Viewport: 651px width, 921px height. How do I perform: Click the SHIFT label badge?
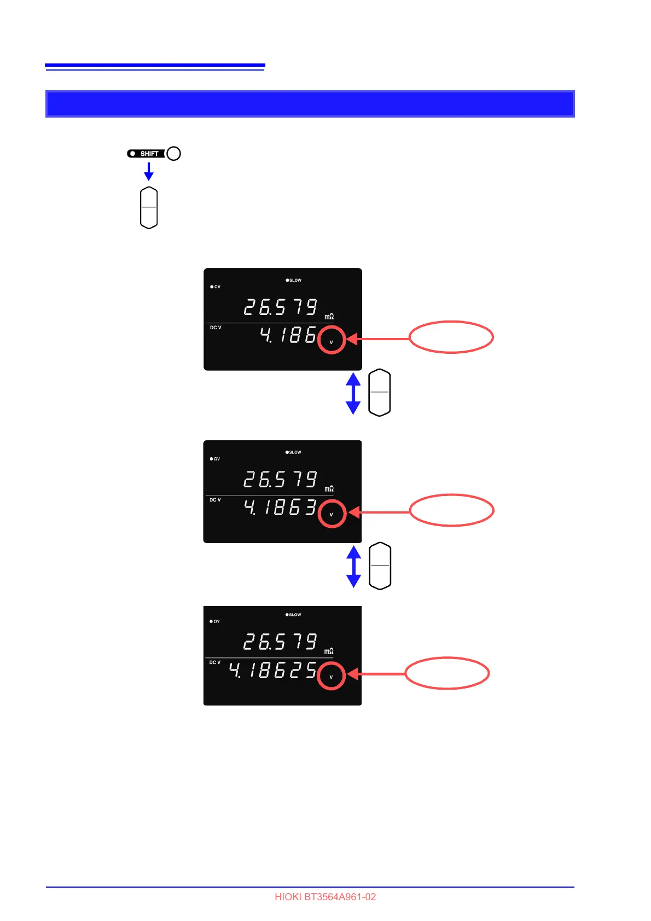click(x=146, y=154)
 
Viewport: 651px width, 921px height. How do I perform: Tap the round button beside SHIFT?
click(x=173, y=154)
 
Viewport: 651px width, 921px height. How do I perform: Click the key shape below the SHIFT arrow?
click(x=149, y=208)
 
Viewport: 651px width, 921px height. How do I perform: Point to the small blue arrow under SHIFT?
click(x=148, y=172)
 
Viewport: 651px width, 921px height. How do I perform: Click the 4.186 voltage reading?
click(x=288, y=335)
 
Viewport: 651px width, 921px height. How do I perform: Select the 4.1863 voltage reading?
click(x=280, y=508)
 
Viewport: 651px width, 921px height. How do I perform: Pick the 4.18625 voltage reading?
click(x=272, y=670)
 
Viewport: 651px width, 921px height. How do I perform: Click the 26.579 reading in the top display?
click(x=280, y=307)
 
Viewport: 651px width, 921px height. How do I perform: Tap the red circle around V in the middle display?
click(x=332, y=514)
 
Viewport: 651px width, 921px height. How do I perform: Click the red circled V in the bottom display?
click(x=331, y=676)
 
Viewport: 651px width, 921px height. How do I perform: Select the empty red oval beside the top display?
click(x=451, y=337)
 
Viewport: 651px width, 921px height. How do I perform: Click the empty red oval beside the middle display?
click(x=452, y=510)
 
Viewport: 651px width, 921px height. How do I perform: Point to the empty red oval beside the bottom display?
click(x=447, y=673)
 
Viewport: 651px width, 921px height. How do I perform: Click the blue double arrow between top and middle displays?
click(x=353, y=393)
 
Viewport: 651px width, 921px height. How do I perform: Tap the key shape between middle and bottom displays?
click(x=380, y=566)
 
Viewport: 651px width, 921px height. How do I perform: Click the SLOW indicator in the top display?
click(x=294, y=280)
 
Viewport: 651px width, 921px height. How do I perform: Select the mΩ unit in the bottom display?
click(x=329, y=651)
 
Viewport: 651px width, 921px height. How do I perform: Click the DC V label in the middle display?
click(x=216, y=500)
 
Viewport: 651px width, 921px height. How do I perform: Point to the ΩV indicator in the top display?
click(x=216, y=287)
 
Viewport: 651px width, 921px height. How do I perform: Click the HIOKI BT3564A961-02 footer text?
click(x=325, y=897)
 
